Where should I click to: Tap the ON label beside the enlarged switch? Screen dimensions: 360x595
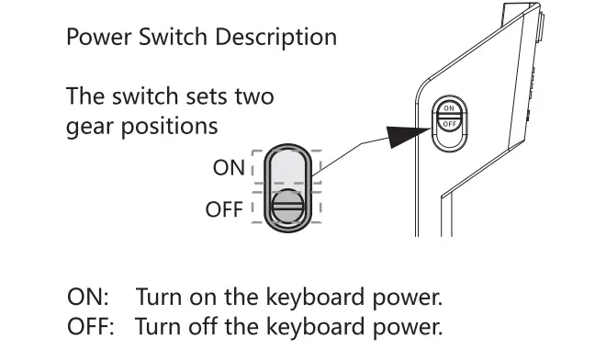229,168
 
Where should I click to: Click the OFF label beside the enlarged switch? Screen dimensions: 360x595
224,209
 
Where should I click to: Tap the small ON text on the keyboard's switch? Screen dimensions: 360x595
449,107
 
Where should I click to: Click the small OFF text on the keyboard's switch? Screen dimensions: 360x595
449,124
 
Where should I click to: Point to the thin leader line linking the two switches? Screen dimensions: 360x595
349,155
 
